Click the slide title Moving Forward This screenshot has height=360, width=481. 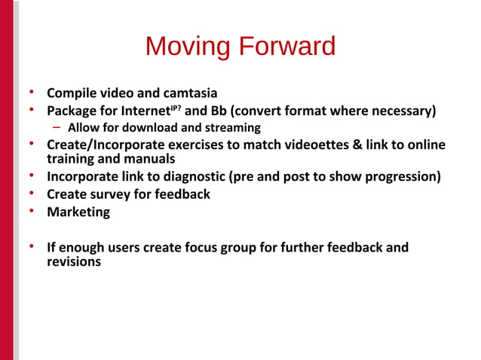(x=240, y=47)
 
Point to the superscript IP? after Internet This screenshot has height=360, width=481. (x=175, y=108)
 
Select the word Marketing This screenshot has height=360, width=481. (x=78, y=212)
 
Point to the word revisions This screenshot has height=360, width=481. (x=74, y=262)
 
